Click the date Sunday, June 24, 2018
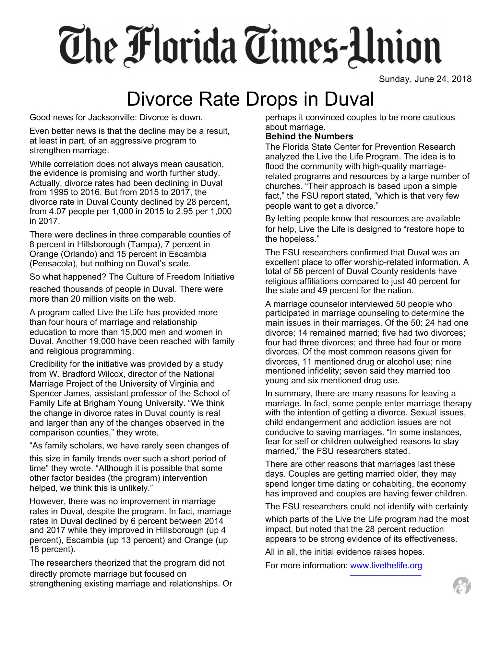tap(425, 79)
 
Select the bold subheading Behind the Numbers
tap(309, 136)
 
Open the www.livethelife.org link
tap(386, 566)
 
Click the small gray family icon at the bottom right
tap(462, 586)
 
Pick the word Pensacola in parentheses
tap(53, 263)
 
